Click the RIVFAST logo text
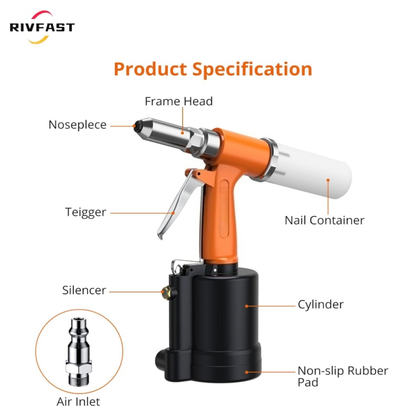[x=42, y=27]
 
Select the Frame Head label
[x=178, y=101]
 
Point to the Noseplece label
[x=77, y=125]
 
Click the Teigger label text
[x=86, y=212]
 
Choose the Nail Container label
[x=324, y=220]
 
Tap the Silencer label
[x=84, y=290]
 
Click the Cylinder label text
[x=320, y=304]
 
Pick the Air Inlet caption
[x=78, y=402]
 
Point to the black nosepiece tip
[x=137, y=126]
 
